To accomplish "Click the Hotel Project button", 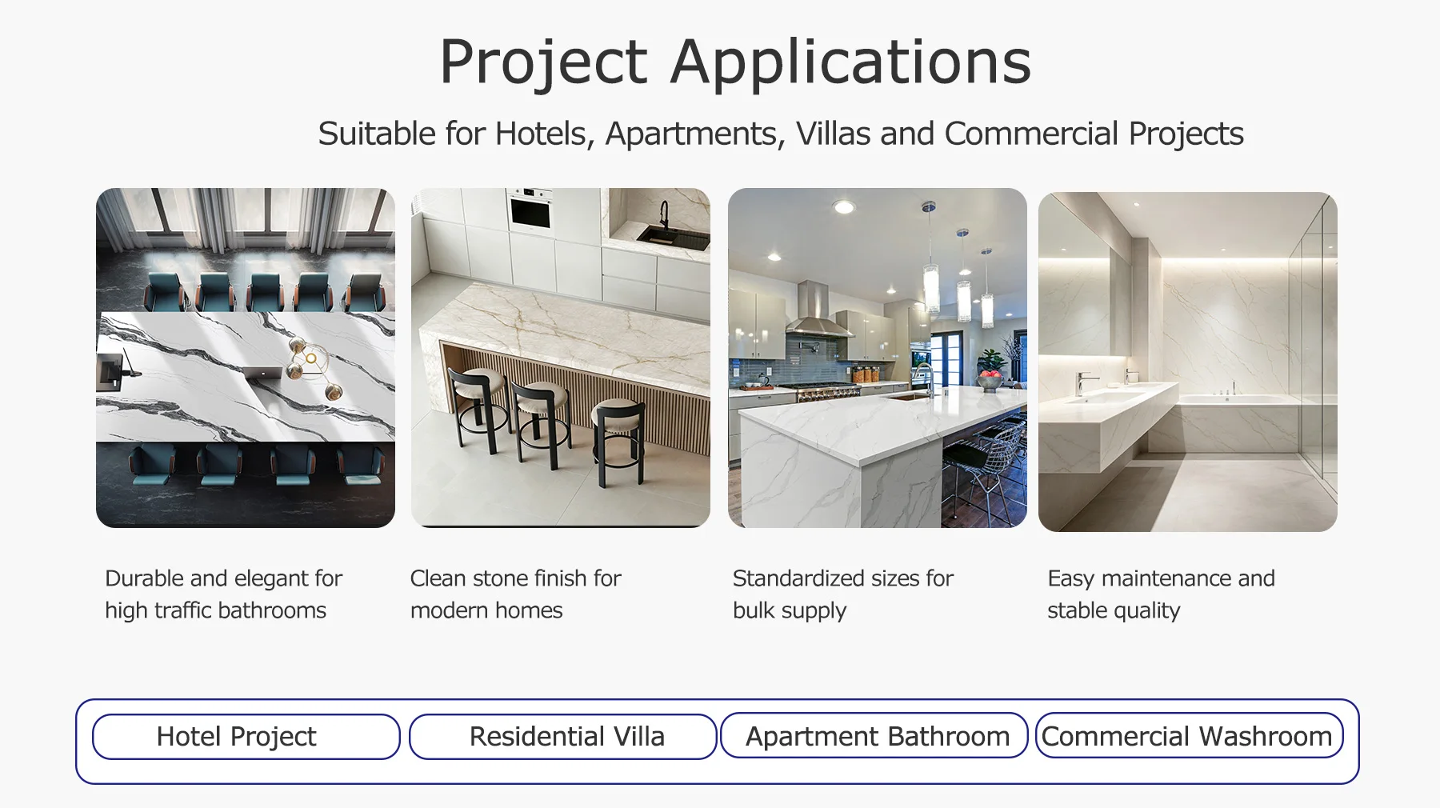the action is tap(246, 736).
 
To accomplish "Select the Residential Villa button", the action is tap(562, 736).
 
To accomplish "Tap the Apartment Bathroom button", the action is tap(874, 735).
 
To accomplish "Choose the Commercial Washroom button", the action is tap(1190, 735).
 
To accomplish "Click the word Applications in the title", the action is tap(851, 62).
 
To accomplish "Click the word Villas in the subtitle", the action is tap(833, 134).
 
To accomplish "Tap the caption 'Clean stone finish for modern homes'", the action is tap(515, 594).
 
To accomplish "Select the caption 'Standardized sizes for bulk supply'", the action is tap(843, 594).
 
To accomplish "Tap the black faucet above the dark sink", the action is tap(663, 215).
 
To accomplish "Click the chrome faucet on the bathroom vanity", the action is tap(1084, 383).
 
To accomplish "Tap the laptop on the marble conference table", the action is tap(114, 370).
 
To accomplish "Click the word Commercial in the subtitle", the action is tap(1031, 134).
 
